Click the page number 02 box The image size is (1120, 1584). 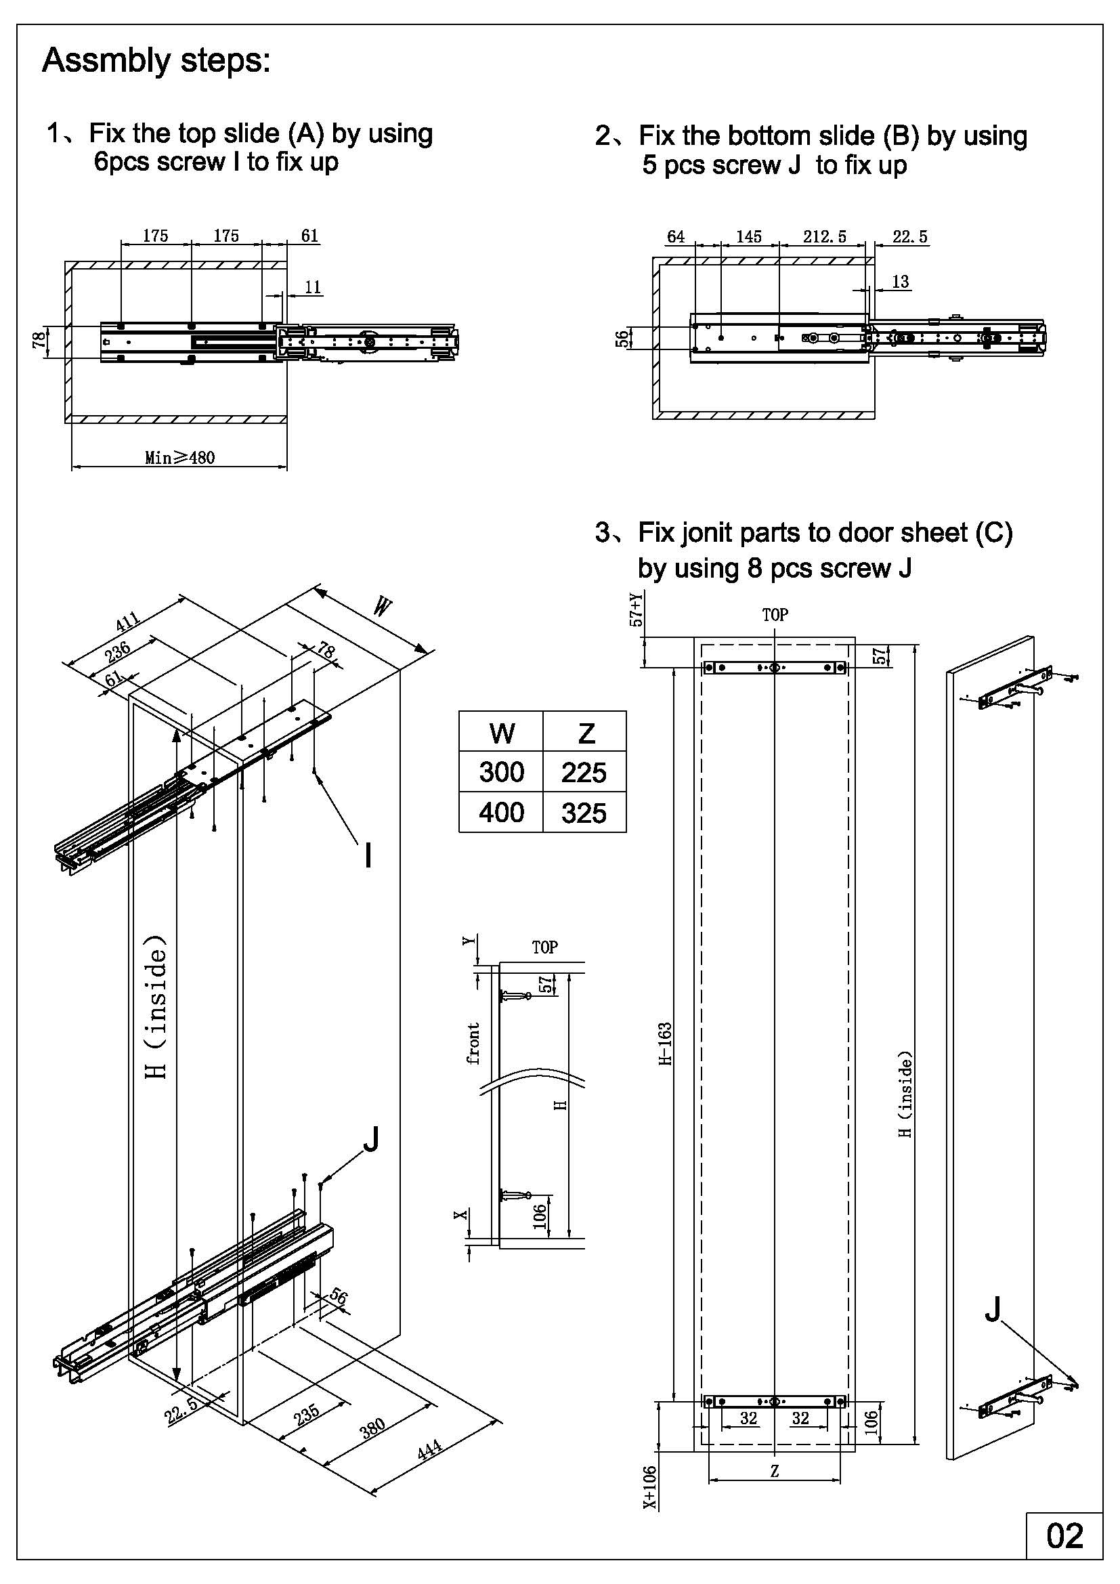(x=1064, y=1536)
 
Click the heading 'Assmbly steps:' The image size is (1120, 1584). (x=156, y=61)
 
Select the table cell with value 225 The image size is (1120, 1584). (x=584, y=772)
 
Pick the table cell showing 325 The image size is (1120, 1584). (x=584, y=813)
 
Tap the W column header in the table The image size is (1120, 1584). (x=501, y=732)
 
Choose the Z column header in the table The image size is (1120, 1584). (x=586, y=732)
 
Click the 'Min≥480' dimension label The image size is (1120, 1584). (x=179, y=457)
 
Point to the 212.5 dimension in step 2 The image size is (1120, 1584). (x=824, y=236)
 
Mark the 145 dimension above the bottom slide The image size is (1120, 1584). (x=748, y=236)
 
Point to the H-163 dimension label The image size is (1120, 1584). (x=666, y=1044)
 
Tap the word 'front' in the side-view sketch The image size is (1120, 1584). (x=474, y=1043)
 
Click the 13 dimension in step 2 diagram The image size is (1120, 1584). (x=900, y=282)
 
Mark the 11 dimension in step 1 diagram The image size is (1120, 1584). (x=312, y=287)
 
